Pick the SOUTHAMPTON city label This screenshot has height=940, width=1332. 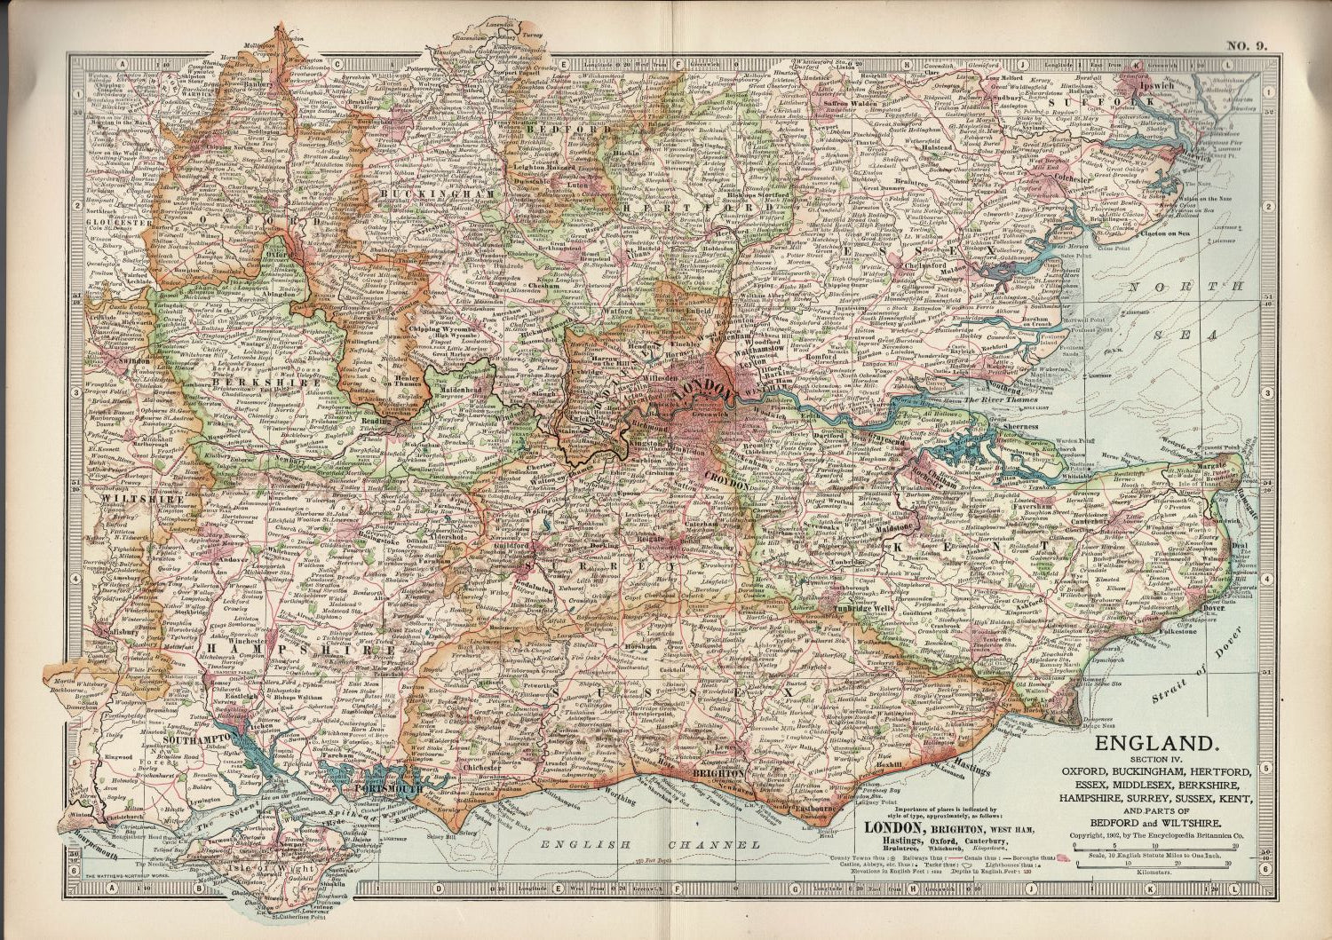(197, 738)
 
